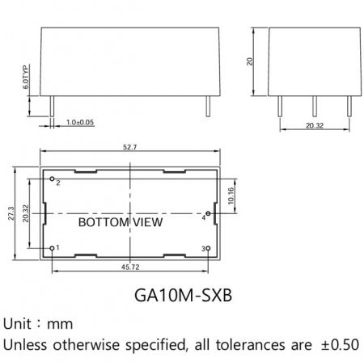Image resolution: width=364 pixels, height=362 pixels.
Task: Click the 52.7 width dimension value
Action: [x=130, y=147]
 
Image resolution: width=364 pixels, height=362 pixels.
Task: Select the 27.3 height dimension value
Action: [x=11, y=213]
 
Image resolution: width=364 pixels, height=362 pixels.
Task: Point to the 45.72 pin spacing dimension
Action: [x=130, y=267]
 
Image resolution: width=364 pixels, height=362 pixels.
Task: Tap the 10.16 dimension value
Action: [x=231, y=196]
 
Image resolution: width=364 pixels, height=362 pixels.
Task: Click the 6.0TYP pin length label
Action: [x=26, y=77]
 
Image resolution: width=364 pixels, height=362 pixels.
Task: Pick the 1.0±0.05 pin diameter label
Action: [x=80, y=122]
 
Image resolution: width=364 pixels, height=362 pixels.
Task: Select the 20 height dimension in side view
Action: [x=250, y=61]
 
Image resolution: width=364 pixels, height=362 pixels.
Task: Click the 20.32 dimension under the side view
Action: [x=315, y=125]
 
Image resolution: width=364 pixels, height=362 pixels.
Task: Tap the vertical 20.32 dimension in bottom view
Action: [x=26, y=213]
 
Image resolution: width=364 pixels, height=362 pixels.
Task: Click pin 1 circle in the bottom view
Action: [x=52, y=248]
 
